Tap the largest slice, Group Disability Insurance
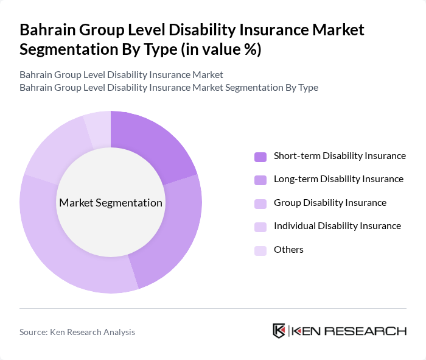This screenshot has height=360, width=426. [x=67, y=256]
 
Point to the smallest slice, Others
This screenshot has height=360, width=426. [x=98, y=129]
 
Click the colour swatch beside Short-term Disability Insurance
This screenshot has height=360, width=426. [x=260, y=157]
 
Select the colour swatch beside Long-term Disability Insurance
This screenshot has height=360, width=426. [x=260, y=180]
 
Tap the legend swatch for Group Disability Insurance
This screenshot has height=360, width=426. [x=260, y=203]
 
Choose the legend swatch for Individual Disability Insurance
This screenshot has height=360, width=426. [x=260, y=227]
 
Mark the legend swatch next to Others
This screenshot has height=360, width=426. [x=260, y=250]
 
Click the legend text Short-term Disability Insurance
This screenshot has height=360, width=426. [x=340, y=156]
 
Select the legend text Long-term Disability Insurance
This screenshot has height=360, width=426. [x=338, y=179]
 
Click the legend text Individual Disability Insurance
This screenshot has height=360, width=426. [x=337, y=226]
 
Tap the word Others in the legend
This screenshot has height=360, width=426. [x=288, y=250]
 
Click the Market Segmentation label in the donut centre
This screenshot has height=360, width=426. [x=111, y=203]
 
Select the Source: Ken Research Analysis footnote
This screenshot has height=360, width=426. [x=77, y=332]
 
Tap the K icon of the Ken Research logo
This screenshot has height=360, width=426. [x=279, y=331]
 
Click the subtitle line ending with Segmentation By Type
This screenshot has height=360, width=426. [x=169, y=87]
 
